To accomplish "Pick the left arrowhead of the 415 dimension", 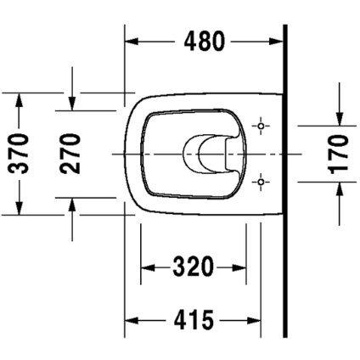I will point(132,321).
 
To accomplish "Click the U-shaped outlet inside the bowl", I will point(204,153).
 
